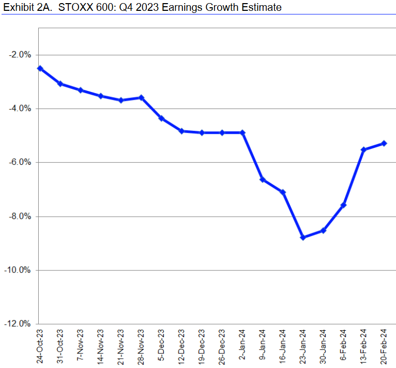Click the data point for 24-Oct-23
(40, 68)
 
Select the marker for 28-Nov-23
(141, 98)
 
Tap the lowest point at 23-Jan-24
(303, 237)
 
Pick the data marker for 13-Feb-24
(363, 150)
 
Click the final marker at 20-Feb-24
(384, 143)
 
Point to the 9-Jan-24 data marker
(263, 179)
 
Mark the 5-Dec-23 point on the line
(161, 118)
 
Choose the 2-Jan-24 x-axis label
(242, 346)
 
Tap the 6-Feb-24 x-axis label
(343, 345)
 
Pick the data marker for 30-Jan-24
(323, 230)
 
